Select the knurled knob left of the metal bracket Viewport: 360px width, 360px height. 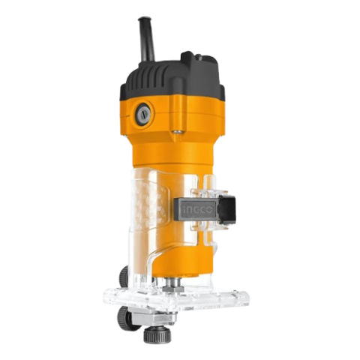click(x=124, y=316)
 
